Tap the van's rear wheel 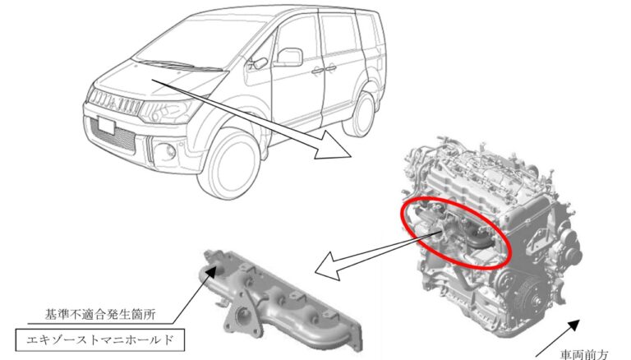(359, 114)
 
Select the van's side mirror (289, 58)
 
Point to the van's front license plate (106, 125)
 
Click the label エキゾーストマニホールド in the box (100, 340)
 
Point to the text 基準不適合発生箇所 (99, 314)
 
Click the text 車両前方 (584, 354)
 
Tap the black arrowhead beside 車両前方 (573, 326)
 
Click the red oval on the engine (455, 233)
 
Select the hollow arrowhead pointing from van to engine (333, 146)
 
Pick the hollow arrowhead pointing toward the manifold (328, 266)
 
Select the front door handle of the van (317, 71)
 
